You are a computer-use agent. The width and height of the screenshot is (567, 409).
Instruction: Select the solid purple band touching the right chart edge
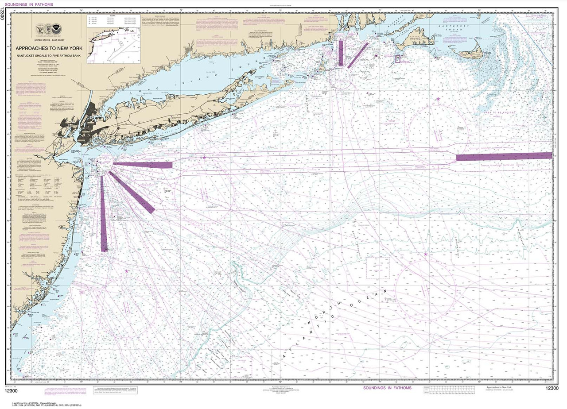(504, 156)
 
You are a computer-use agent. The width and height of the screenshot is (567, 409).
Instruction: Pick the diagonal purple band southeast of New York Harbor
(132, 192)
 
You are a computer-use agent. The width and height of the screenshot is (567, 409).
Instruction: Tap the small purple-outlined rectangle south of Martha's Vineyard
(397, 58)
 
